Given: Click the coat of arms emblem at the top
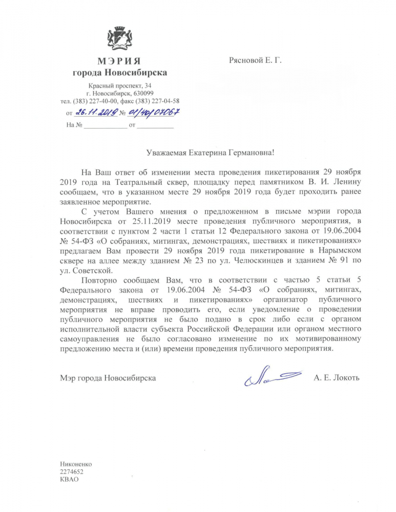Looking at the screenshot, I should pos(119,40).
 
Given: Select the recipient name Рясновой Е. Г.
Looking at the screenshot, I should pos(255,61).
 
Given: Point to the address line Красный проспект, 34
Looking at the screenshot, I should pos(119,84).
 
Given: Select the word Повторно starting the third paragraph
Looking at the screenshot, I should pos(99,280).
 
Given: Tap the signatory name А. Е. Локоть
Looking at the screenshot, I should pos(337,378).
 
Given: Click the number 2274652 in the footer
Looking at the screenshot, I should pos(72,472).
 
